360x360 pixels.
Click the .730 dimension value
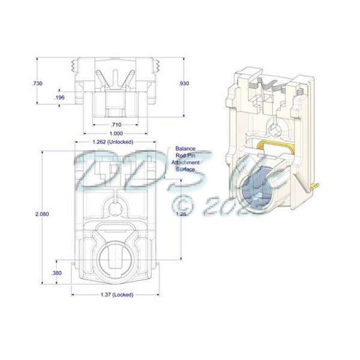point(37,83)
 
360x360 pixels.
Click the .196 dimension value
point(59,97)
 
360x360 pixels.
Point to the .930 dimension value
point(184,83)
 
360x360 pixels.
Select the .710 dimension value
point(116,124)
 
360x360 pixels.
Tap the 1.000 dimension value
point(116,133)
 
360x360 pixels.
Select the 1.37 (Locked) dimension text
point(116,295)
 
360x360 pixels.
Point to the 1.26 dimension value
point(184,214)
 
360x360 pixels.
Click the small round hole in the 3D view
point(274,128)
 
